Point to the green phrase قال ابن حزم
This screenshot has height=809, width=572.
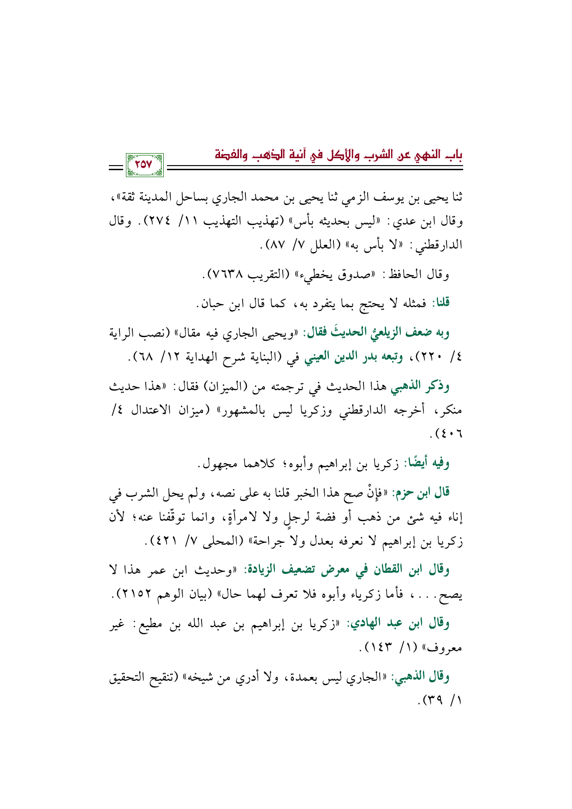point(421,494)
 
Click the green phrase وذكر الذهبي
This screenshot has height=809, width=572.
point(420,386)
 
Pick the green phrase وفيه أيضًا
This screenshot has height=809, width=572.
point(427,464)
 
